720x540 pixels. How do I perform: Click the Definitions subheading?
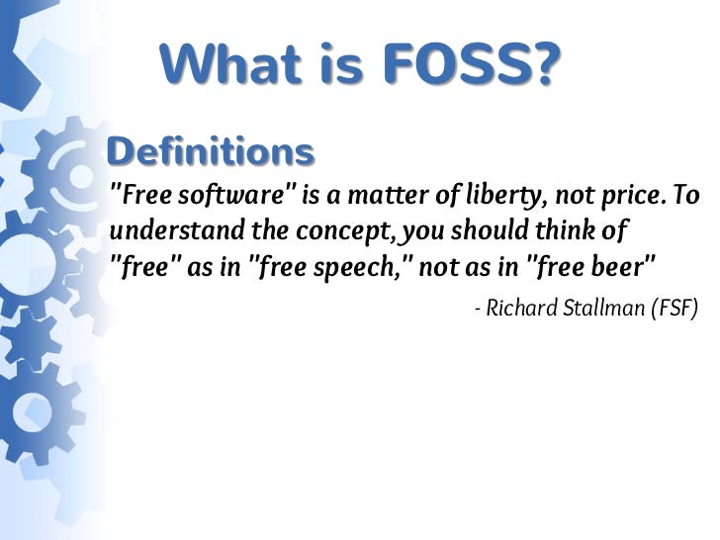pos(210,152)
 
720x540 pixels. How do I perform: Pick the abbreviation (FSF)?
pos(675,310)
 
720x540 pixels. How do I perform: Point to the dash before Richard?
pos(478,311)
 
